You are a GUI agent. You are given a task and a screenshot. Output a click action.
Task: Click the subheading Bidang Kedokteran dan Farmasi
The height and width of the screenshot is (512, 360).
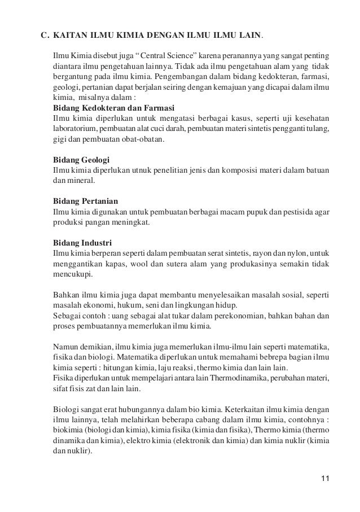tap(113, 108)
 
